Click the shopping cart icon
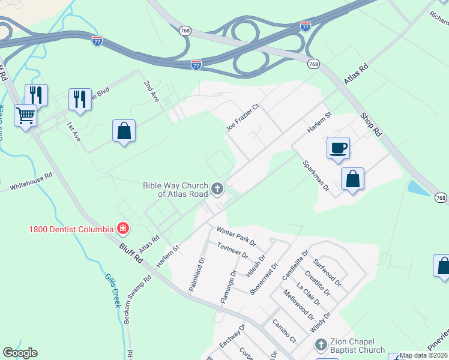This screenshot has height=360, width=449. coord(25,114)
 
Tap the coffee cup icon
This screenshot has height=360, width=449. coord(339,147)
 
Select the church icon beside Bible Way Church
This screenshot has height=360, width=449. coord(217,190)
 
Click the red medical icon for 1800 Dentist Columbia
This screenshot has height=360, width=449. coord(122,229)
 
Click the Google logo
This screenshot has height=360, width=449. coord(20,353)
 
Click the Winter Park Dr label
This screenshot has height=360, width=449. coord(236,236)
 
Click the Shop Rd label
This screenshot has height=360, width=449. coord(371,124)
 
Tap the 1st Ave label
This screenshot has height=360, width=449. coord(73,131)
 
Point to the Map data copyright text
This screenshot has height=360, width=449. coord(424,355)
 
